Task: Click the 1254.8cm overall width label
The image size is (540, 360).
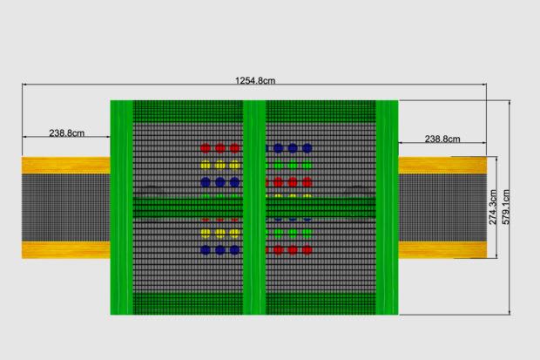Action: pos(255,81)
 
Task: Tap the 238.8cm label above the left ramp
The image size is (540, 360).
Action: pos(66,133)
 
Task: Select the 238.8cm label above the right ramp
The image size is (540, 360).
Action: pos(442,139)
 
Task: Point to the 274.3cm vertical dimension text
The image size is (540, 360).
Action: pos(492,207)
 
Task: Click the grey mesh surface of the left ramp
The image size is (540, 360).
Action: pos(65,207)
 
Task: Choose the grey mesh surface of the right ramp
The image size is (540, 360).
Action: pos(440,207)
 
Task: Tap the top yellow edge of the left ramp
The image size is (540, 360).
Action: pos(65,164)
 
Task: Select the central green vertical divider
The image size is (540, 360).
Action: pos(254,207)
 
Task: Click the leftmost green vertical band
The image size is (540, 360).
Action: pos(122,207)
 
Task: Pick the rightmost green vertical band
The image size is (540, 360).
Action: pos(387,207)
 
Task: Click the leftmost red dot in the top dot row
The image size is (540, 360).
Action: pos(206,148)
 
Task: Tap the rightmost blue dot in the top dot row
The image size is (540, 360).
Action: pos(307,148)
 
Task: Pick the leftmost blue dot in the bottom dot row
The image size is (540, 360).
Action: pos(206,250)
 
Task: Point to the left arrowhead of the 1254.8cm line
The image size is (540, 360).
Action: pos(25,85)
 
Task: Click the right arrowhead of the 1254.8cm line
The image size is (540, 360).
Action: pos(484,85)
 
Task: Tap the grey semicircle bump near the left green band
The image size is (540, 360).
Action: pos(150,193)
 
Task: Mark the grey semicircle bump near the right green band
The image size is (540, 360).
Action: pos(357,193)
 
